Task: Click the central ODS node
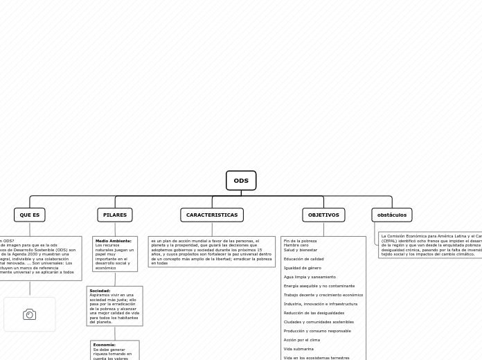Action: tap(241, 181)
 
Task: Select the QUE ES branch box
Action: tap(30, 215)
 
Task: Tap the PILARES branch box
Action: tap(115, 215)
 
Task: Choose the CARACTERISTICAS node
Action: tap(212, 215)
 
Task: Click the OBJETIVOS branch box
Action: tap(323, 215)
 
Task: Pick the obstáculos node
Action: tap(392, 215)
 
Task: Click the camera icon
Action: tap(30, 314)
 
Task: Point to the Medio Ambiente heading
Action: tap(114, 241)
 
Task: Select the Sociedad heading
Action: tap(100, 291)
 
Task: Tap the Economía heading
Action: tap(105, 345)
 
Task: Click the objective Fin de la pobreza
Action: tap(300, 241)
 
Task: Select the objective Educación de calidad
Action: tap(303, 259)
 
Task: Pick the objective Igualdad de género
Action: tap(302, 268)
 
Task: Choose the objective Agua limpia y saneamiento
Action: tap(309, 277)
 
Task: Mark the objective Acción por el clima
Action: tap(302, 340)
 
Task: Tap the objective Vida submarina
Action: tap(298, 349)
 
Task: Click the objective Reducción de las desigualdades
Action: tap(314, 313)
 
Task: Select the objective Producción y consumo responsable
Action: tap(317, 331)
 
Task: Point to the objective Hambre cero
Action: tap(296, 245)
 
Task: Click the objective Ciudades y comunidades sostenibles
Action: tap(319, 322)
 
